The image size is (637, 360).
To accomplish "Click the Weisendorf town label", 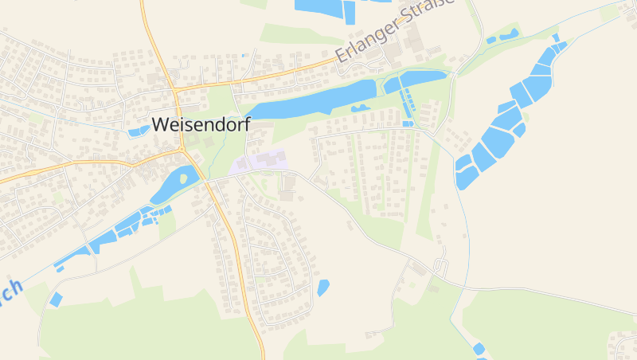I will coord(201,125).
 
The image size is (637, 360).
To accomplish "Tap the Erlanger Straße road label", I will coord(394,32).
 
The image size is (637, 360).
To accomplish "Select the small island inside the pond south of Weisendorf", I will coord(184,179).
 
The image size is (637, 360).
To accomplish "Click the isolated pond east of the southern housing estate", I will coord(322,288).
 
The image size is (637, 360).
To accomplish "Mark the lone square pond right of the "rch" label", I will coord(56,299).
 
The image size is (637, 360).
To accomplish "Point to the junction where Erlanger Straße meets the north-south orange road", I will coord(174,86).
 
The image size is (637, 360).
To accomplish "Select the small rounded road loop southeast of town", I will coord(440,265).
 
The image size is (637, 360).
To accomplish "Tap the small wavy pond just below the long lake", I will coord(361,108).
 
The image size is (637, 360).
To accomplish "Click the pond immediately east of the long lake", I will coord(414,80).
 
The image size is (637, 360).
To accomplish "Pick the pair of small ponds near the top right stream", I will coord(502,36).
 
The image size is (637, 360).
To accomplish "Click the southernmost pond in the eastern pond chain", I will coord(465,178).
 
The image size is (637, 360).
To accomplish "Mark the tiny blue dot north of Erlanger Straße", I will coord(244,55).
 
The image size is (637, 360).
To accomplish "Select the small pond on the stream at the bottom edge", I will coord(479,349).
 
